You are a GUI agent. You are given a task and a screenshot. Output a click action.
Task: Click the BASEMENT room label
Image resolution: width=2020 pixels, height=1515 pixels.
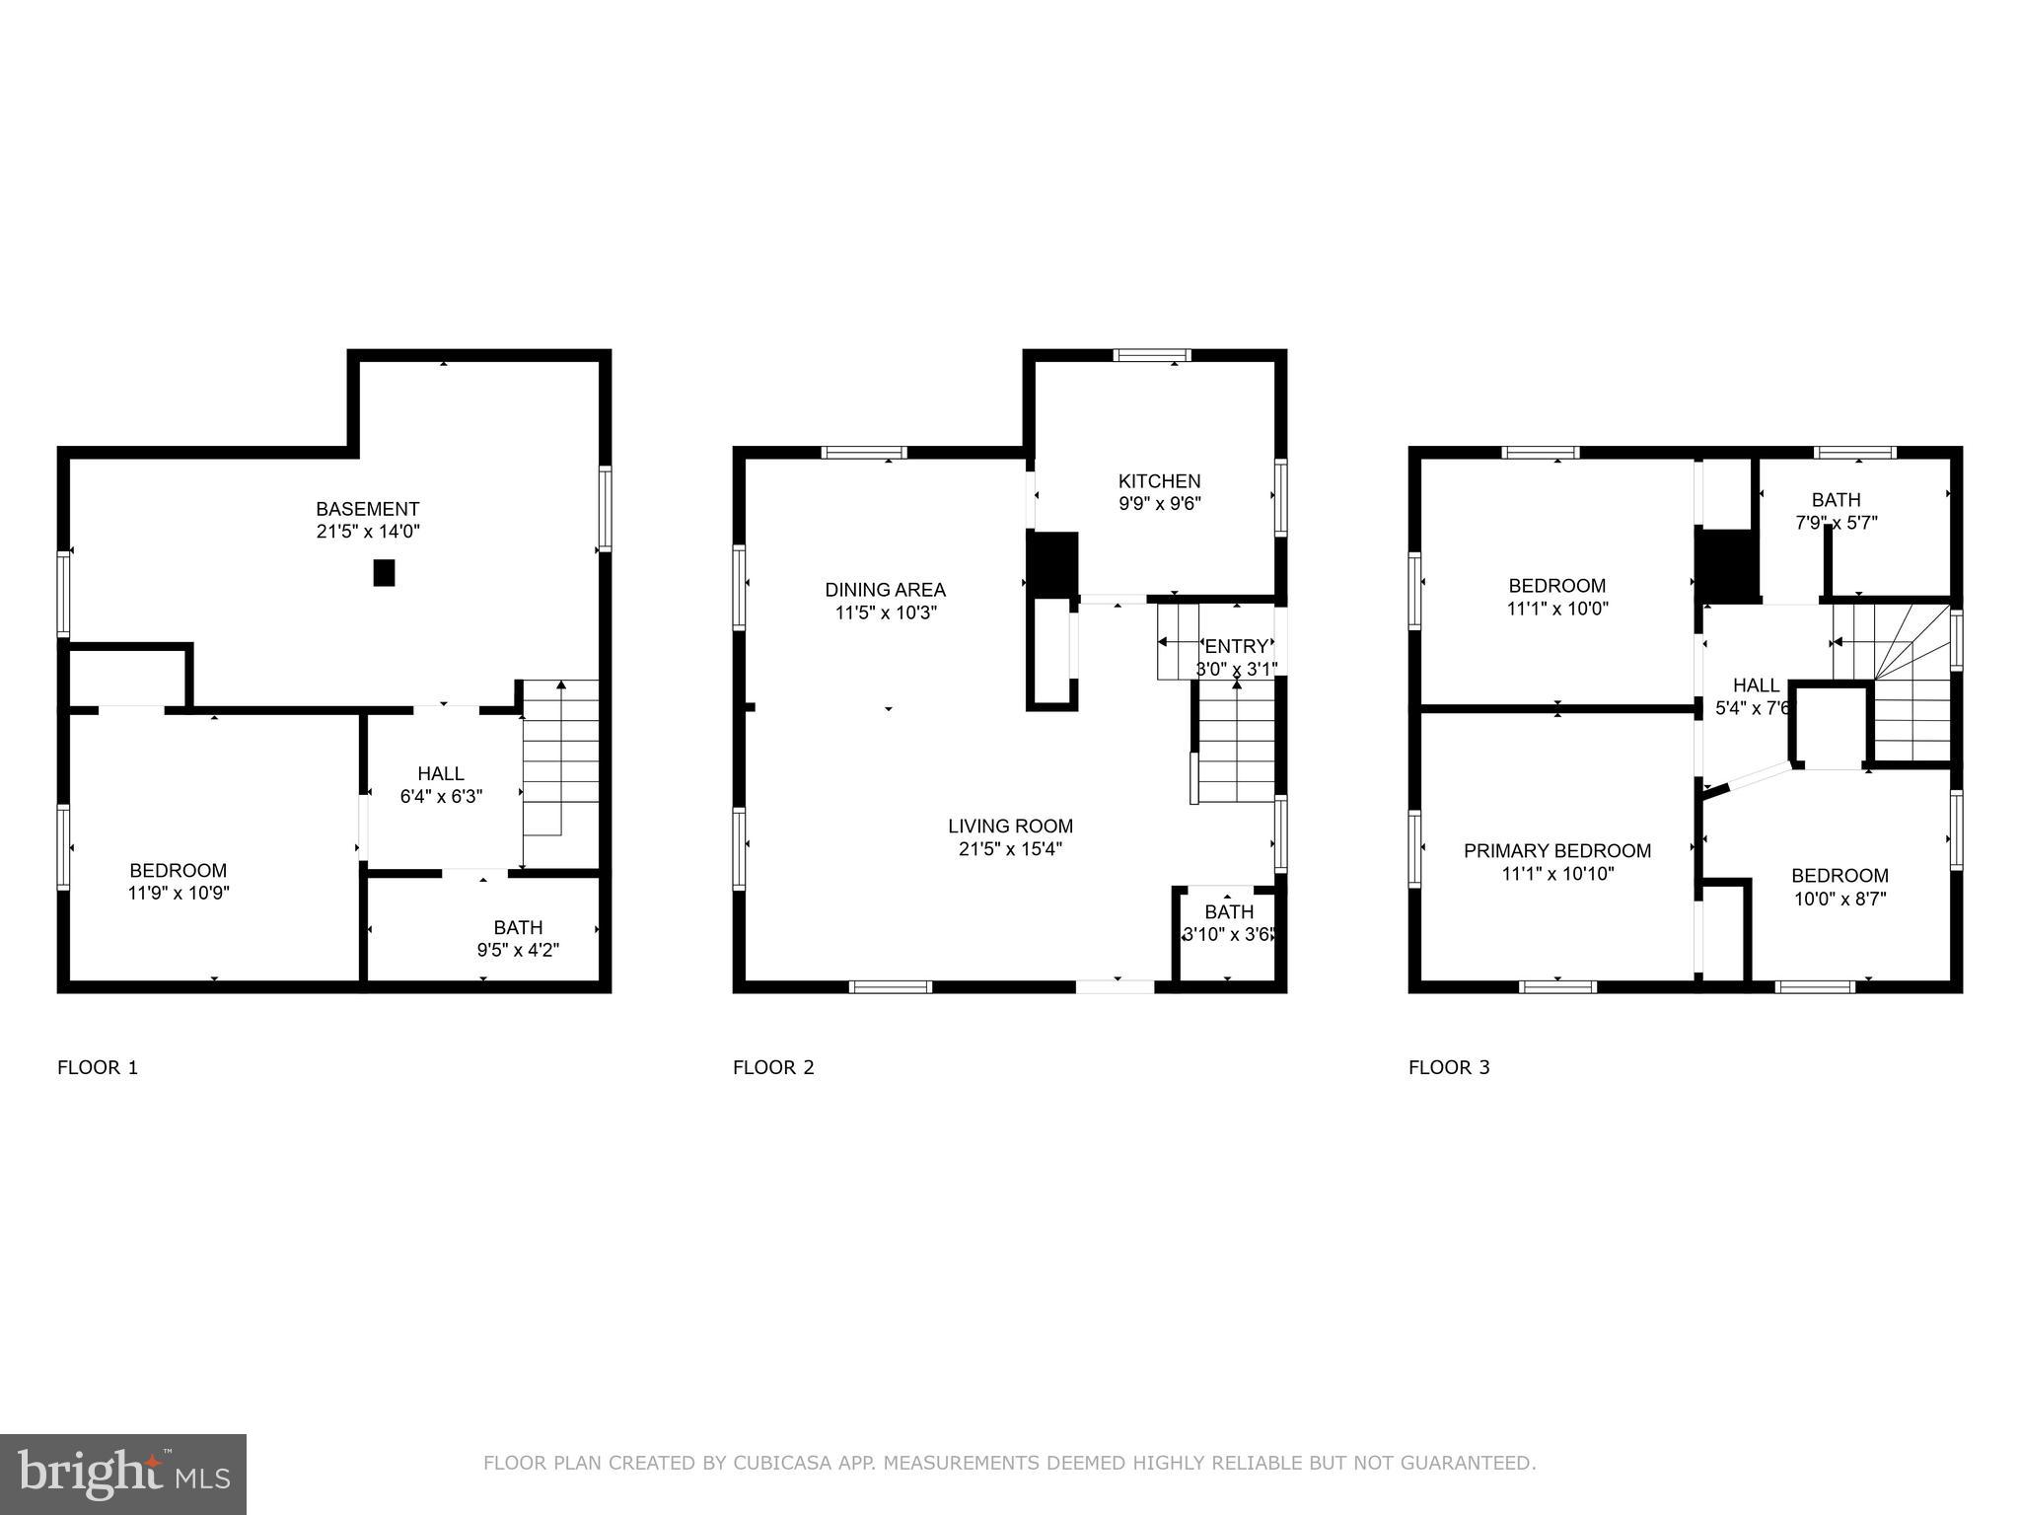367,509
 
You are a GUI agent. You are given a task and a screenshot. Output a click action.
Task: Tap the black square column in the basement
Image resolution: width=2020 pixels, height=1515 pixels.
384,573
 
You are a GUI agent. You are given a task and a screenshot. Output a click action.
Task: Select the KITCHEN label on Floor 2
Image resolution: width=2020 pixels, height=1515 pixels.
1159,481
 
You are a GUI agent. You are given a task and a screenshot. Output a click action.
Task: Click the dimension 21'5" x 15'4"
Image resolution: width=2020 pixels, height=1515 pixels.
1010,849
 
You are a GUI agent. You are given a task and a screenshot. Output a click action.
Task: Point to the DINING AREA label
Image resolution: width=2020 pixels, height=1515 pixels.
885,590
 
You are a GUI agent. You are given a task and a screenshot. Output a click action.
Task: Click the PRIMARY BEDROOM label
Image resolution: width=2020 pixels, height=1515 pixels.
1556,851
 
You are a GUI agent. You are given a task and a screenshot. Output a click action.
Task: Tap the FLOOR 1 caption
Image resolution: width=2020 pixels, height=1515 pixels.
98,1067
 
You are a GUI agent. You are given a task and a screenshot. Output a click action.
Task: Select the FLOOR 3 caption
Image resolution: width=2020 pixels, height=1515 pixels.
1448,1067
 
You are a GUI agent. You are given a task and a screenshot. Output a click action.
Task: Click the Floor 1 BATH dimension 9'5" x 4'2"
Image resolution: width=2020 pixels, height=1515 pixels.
518,951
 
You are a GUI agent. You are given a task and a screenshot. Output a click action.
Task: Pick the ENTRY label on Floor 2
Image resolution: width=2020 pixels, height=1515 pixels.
1236,647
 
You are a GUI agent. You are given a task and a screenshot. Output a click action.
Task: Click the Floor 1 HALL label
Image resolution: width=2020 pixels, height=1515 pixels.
440,774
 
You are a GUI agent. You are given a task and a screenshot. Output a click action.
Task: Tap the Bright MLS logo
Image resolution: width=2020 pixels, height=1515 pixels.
123,1474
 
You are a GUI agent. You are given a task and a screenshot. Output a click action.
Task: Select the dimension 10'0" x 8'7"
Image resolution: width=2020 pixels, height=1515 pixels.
1840,900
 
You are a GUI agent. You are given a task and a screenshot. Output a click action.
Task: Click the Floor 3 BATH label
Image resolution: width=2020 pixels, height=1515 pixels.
1836,500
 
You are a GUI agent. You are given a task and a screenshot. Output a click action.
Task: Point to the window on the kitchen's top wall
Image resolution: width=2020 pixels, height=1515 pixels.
1152,356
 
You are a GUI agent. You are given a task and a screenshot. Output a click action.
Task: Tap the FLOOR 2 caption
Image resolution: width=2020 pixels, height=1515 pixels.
773,1067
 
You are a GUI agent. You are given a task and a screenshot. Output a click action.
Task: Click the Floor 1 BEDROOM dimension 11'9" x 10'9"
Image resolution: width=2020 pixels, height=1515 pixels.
179,894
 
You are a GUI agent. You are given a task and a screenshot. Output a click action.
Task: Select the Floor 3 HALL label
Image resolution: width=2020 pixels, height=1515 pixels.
1756,685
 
